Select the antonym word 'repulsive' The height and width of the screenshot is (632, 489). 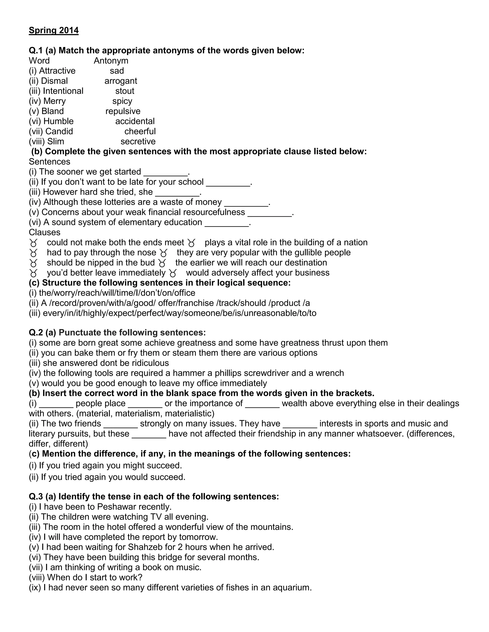[123, 111]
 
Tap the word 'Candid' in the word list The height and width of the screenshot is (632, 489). [59, 131]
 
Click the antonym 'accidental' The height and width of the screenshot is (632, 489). [135, 121]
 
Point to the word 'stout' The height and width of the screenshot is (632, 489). [125, 91]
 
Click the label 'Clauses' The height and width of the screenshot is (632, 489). [45, 232]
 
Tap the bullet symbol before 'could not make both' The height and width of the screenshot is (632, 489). [33, 243]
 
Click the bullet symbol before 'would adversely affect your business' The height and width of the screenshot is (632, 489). [173, 273]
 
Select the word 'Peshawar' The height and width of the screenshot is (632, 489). [117, 507]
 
